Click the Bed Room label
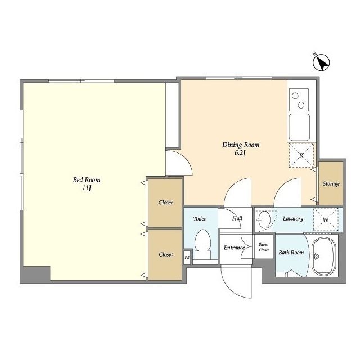click(x=87, y=180)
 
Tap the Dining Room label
click(x=241, y=145)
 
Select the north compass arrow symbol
click(x=321, y=62)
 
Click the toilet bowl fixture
click(x=202, y=244)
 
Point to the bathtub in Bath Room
click(x=325, y=256)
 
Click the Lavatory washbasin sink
click(x=264, y=219)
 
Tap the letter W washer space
click(x=326, y=219)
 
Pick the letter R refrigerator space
click(x=301, y=155)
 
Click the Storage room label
click(x=331, y=184)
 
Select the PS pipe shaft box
click(x=187, y=258)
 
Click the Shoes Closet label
click(x=264, y=247)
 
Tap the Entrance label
click(x=234, y=247)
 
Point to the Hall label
click(x=237, y=218)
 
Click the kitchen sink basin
click(x=299, y=127)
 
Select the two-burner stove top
click(x=299, y=100)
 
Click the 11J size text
click(x=87, y=188)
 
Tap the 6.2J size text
click(x=240, y=153)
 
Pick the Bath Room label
click(x=291, y=253)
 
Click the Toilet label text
click(x=200, y=219)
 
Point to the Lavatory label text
click(x=293, y=219)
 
